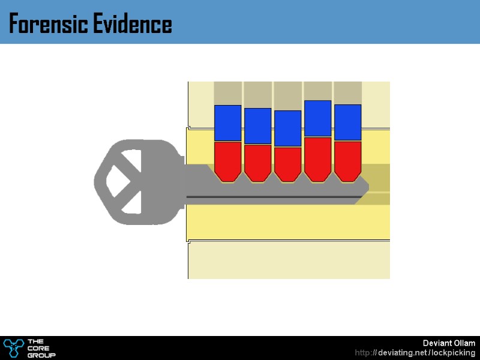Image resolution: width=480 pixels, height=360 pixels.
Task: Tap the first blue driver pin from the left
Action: pyautogui.click(x=228, y=123)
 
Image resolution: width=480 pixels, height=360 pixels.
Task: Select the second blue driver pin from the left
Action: pyautogui.click(x=258, y=126)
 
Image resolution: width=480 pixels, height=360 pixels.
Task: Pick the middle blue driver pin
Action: pyautogui.click(x=288, y=128)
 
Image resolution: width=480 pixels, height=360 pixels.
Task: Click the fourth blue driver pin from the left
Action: pyautogui.click(x=318, y=119)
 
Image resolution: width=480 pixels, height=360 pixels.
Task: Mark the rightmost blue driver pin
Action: pyautogui.click(x=348, y=122)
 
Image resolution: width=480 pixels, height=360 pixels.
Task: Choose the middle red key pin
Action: pyautogui.click(x=288, y=163)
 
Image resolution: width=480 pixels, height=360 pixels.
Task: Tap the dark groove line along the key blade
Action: pyautogui.click(x=270, y=197)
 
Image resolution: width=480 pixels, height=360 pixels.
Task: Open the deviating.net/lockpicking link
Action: pyautogui.click(x=415, y=353)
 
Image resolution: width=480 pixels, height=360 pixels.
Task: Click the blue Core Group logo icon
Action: pyautogui.click(x=13, y=347)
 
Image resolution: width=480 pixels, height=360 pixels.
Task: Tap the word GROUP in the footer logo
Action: pyautogui.click(x=41, y=355)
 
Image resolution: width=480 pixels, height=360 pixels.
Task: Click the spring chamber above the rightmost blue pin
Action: pyautogui.click(x=348, y=93)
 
